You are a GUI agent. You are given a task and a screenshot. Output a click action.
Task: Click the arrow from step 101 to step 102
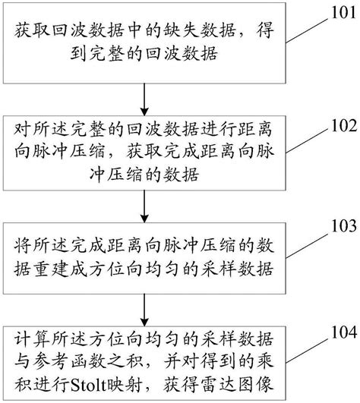tap(144, 99)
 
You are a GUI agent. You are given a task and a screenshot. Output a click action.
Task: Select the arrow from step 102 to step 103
tap(144, 203)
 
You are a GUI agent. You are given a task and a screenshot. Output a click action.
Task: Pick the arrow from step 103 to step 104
tap(144, 309)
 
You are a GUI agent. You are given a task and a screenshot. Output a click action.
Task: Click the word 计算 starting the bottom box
tap(28, 335)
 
